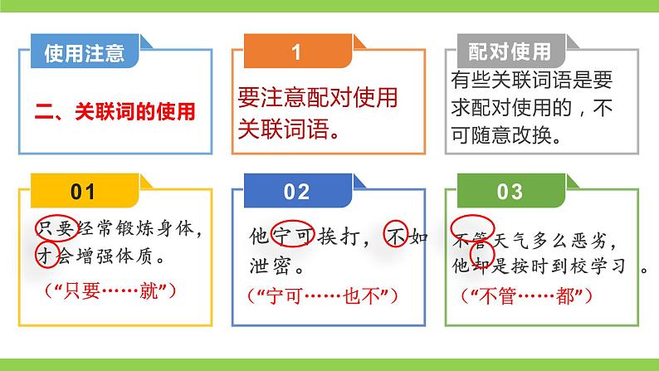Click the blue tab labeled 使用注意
tap(83, 54)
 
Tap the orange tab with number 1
tap(296, 52)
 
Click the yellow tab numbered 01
tap(83, 193)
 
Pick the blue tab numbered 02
tap(296, 193)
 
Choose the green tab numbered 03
tap(510, 193)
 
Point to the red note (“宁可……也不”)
tap(324, 295)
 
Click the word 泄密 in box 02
tap(275, 267)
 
